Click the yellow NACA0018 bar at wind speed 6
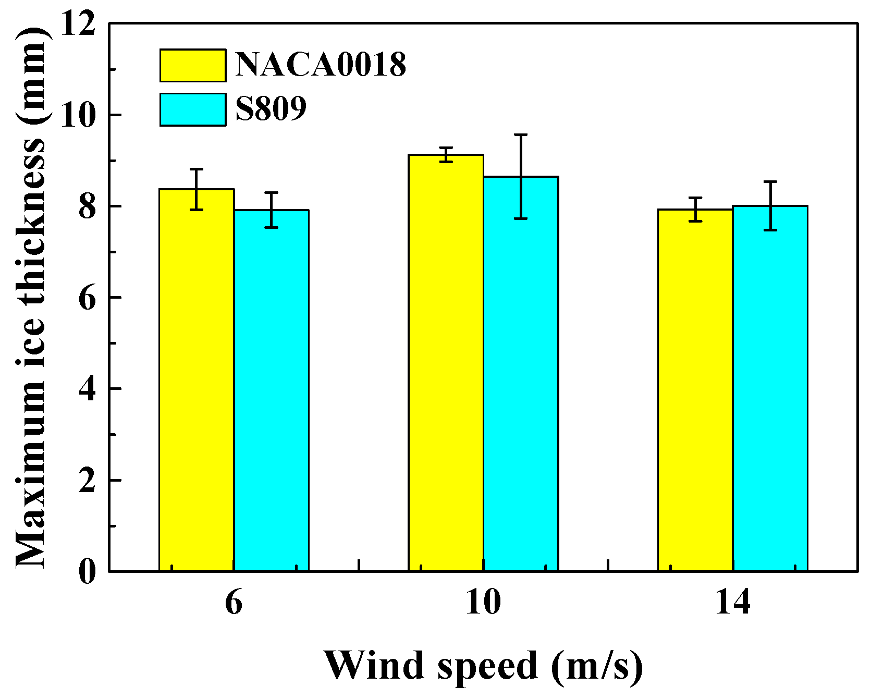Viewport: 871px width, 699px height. pos(197,381)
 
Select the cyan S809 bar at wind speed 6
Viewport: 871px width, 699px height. pos(271,391)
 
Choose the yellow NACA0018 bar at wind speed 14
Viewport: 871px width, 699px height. pos(695,390)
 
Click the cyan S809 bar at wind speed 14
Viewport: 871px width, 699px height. pos(770,389)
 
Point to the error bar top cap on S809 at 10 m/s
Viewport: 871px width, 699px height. pos(521,135)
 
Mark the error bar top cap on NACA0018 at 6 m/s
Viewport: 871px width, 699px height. pos(197,169)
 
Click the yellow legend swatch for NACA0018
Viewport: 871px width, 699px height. pos(193,66)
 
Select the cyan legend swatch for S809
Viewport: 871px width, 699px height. pos(193,110)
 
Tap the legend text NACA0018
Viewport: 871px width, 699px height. pos(321,66)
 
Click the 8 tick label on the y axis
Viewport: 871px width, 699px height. pos(88,207)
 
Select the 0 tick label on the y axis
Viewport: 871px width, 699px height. pos(88,572)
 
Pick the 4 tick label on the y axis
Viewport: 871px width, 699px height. pos(88,389)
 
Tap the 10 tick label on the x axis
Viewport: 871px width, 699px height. pos(483,603)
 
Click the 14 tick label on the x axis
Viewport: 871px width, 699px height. pos(732,603)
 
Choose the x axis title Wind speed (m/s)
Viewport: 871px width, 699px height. pos(483,666)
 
